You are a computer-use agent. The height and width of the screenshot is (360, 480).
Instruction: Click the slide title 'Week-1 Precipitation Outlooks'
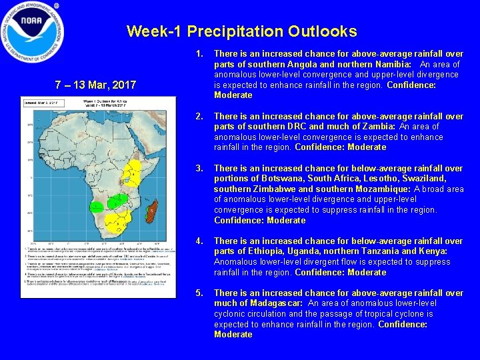tap(241, 31)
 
